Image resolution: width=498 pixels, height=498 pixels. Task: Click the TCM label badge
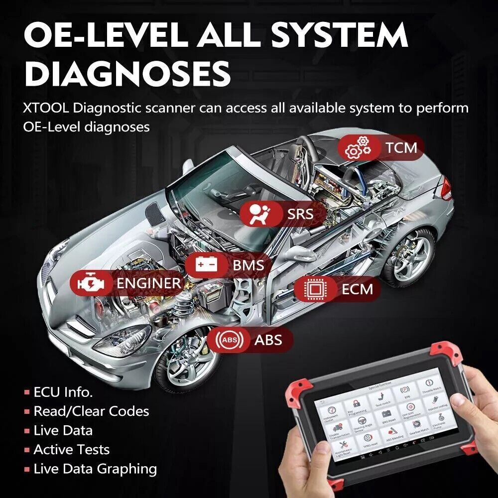pyautogui.click(x=381, y=147)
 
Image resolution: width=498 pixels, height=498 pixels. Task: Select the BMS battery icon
pyautogui.click(x=206, y=264)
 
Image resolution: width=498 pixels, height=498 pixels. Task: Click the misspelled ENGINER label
pyautogui.click(x=148, y=283)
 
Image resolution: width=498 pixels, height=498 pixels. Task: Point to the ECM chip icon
pyautogui.click(x=314, y=289)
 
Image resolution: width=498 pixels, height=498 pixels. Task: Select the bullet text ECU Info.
pyautogui.click(x=63, y=392)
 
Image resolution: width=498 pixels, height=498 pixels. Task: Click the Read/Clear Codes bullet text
pyautogui.click(x=91, y=411)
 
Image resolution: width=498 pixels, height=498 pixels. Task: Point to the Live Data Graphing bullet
pyautogui.click(x=95, y=469)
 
